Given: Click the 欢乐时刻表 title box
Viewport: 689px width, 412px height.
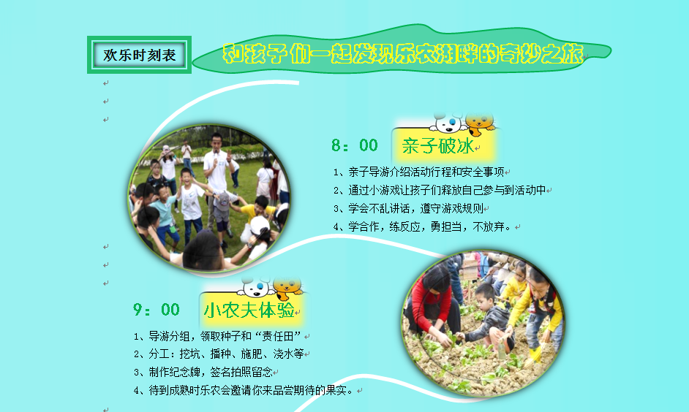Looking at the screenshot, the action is tap(139, 55).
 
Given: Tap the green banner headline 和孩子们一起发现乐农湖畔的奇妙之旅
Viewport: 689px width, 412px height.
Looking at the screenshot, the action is tap(403, 53).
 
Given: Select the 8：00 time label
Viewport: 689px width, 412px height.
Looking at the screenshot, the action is tap(355, 145).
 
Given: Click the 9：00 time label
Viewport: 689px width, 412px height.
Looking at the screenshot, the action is tap(157, 310).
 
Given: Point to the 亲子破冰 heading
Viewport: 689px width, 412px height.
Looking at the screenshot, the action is tap(438, 146).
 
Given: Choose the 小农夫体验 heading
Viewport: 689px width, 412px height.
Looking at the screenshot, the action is tap(249, 310).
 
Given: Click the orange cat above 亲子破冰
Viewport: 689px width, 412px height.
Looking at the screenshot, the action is tap(481, 123).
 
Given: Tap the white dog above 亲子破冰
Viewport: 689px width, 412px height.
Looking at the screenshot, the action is tap(448, 123).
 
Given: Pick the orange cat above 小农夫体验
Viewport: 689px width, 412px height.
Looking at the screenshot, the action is tap(288, 287).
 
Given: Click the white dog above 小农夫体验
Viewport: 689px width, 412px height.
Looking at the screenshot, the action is tap(255, 287).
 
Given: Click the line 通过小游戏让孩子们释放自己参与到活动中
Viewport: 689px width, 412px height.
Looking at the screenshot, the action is tap(440, 190).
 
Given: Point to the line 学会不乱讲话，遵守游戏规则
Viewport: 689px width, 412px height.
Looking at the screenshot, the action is tap(408, 208).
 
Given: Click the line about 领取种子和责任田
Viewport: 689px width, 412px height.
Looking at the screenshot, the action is tap(217, 337).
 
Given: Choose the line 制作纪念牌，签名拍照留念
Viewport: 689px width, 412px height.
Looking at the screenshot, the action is tap(203, 372).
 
